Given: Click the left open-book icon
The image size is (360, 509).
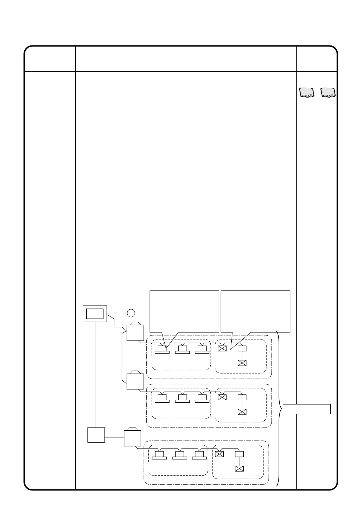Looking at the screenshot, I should [x=307, y=93].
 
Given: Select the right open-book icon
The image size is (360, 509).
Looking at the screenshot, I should [x=328, y=93].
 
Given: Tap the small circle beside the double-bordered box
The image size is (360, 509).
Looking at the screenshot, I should [x=131, y=313].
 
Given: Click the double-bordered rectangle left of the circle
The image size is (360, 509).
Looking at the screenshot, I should [x=95, y=314].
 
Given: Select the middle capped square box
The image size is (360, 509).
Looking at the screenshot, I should [x=135, y=381].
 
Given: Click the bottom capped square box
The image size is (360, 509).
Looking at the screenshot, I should [x=132, y=438].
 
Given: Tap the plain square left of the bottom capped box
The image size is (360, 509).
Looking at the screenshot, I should [x=96, y=435].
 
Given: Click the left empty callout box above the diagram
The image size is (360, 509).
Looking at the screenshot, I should [x=184, y=311].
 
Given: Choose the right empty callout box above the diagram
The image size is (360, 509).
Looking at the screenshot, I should [x=255, y=311].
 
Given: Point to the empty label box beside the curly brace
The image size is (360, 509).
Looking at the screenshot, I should [x=307, y=409].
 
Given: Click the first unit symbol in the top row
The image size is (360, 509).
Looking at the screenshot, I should [x=162, y=350].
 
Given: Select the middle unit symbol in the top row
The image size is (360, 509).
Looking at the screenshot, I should [x=182, y=350].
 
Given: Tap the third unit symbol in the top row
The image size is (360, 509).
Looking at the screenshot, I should [x=202, y=350].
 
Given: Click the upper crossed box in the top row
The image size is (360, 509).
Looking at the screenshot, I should [x=222, y=348].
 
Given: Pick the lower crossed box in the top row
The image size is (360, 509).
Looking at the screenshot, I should [x=242, y=363].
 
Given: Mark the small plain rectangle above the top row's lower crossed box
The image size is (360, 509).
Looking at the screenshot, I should [x=242, y=348].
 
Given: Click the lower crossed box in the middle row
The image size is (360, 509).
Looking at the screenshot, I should [x=242, y=411].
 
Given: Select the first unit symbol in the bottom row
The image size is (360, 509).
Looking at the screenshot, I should [x=159, y=456].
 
